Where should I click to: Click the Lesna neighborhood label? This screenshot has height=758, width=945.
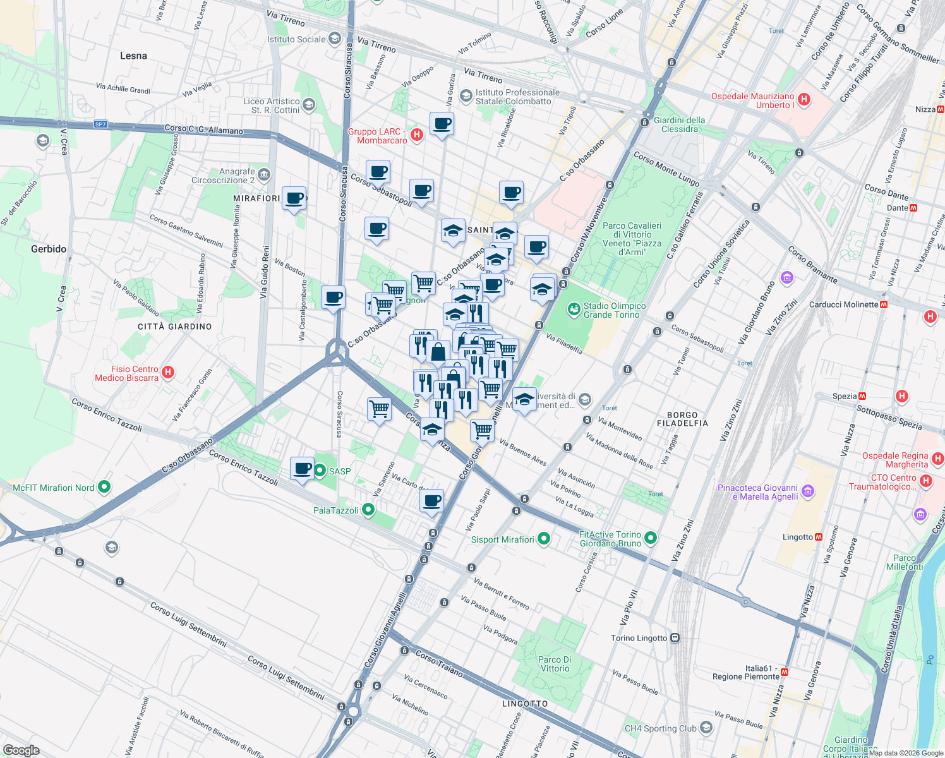click(133, 56)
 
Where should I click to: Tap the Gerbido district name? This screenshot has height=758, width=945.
click(49, 249)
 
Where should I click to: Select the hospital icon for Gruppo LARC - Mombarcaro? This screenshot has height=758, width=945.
click(417, 135)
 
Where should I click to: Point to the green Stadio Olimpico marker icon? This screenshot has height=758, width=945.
click(574, 310)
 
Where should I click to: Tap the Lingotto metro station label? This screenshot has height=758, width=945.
click(798, 537)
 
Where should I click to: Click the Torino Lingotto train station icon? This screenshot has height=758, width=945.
click(675, 638)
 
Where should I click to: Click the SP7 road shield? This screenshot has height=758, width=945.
click(100, 124)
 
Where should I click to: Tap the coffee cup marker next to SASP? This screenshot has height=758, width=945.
click(303, 469)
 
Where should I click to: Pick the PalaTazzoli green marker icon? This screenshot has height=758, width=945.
click(369, 510)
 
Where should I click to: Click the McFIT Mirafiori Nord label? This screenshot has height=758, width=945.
click(54, 488)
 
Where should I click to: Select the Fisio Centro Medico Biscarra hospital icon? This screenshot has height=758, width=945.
click(168, 372)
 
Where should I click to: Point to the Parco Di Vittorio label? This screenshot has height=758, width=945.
click(555, 664)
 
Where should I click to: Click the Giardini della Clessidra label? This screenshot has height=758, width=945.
click(679, 124)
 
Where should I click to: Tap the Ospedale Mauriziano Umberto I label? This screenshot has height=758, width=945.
click(753, 100)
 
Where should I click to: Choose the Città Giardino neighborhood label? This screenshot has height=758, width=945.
click(175, 327)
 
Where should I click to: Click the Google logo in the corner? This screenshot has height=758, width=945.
click(21, 750)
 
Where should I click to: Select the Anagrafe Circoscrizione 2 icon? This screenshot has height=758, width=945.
click(264, 174)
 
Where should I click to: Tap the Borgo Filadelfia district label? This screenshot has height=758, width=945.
click(682, 419)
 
